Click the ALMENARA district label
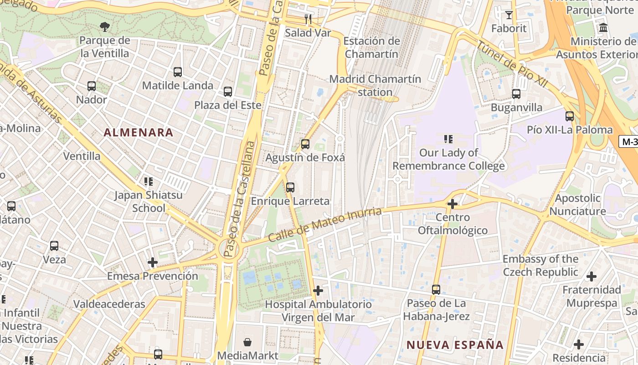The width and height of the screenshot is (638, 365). (138, 133)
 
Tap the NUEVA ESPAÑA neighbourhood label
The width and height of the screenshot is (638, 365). (455, 344)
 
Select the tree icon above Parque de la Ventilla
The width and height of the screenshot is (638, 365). (105, 27)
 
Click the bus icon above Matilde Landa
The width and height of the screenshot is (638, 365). (178, 72)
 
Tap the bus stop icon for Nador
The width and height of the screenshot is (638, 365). (92, 86)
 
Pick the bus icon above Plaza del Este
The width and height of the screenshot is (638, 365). (228, 92)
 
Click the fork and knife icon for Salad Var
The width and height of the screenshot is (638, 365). (308, 19)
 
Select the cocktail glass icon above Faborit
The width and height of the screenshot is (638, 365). (509, 15)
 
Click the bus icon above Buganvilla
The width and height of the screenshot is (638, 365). (516, 94)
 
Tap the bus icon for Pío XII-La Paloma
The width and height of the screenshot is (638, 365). (570, 116)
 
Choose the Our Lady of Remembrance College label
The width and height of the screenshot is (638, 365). (448, 159)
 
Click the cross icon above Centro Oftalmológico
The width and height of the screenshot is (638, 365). (453, 204)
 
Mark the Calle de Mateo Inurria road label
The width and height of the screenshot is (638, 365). (324, 225)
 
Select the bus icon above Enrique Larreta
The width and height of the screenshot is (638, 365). (290, 188)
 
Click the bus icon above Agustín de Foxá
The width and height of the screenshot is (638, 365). (305, 144)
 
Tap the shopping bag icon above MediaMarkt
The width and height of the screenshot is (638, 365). (247, 342)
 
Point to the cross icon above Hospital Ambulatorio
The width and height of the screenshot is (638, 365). (318, 291)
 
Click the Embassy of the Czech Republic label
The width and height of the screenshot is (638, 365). (540, 266)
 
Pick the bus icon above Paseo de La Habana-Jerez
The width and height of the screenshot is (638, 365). (436, 289)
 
